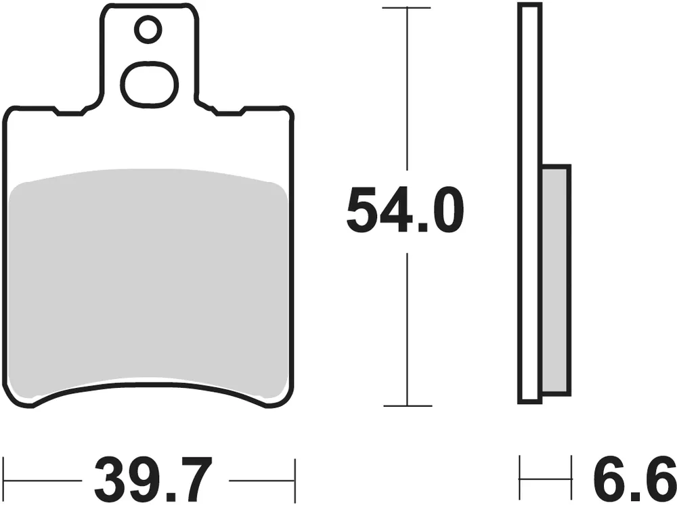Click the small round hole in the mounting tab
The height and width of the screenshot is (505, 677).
tap(148, 29)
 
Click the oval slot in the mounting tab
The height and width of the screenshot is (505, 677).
tap(149, 84)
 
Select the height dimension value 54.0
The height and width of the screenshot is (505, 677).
tap(405, 211)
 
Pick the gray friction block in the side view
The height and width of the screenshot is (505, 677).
tap(556, 278)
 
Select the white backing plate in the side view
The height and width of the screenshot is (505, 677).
tap(530, 203)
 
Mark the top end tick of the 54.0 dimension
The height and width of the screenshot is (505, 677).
tap(406, 8)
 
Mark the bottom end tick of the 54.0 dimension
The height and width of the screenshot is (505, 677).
tap(406, 405)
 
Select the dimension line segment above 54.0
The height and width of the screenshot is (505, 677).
tap(406, 88)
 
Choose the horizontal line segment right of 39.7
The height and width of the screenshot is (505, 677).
tap(261, 480)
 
